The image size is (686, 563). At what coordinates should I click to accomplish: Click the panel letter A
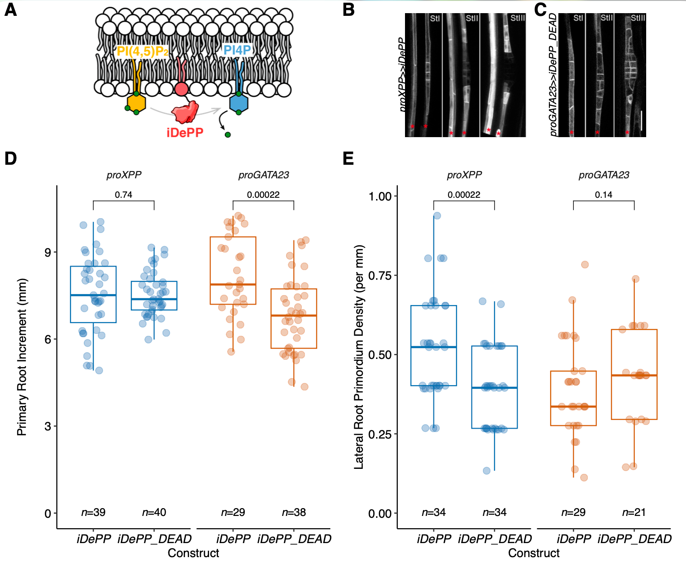10,10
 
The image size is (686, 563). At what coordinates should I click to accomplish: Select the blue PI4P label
237,50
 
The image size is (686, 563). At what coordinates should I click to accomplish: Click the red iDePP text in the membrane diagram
185,133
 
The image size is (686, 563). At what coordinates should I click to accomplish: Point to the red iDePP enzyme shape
184,112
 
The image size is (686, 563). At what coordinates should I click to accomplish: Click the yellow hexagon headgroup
136,103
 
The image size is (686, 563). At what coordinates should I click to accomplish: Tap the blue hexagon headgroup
238,103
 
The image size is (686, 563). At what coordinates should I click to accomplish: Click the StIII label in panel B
517,18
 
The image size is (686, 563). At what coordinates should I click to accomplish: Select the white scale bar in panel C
641,120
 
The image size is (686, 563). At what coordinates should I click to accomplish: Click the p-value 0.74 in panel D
124,195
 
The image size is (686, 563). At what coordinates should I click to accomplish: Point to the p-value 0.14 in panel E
604,195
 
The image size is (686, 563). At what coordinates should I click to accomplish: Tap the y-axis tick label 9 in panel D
48,252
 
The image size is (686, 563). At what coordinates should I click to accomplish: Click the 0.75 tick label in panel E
380,276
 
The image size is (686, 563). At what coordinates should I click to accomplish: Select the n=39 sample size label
93,512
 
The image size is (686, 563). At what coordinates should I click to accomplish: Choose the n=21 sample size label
634,512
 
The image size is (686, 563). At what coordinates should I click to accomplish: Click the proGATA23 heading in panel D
263,175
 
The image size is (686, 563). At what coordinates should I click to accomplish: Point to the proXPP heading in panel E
464,175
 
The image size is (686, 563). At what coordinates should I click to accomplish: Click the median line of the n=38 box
294,315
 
